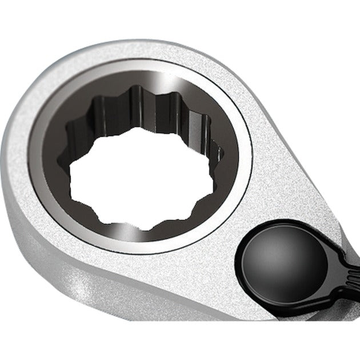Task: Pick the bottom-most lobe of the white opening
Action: tap(146, 224)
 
